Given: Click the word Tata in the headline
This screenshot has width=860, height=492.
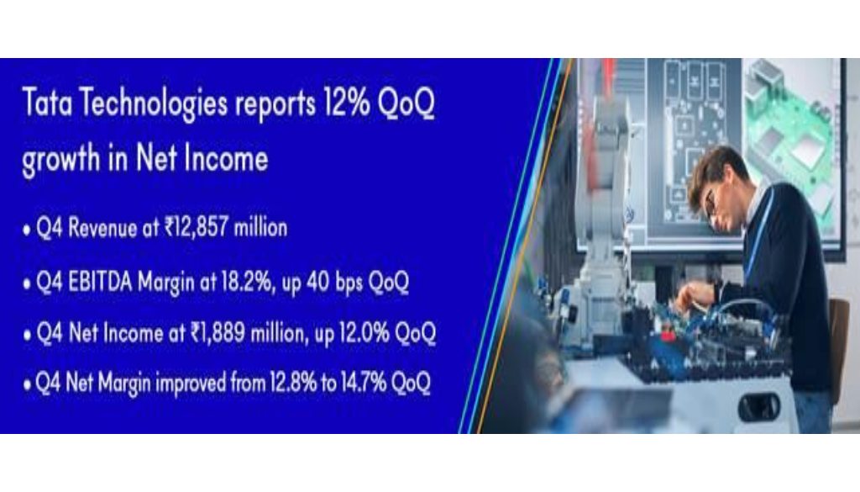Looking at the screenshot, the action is (47, 103).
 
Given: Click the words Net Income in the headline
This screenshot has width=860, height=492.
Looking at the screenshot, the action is (202, 158).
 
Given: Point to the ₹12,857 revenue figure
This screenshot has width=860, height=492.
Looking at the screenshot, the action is (196, 227).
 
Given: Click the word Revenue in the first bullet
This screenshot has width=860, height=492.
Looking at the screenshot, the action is (102, 227).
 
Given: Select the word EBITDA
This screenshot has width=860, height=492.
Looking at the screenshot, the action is (101, 282).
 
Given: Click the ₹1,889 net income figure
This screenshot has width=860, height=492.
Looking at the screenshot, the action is (218, 333).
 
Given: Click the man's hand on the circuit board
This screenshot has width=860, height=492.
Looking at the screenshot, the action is (695, 297).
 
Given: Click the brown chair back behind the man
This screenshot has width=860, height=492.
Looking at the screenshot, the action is (838, 346).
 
